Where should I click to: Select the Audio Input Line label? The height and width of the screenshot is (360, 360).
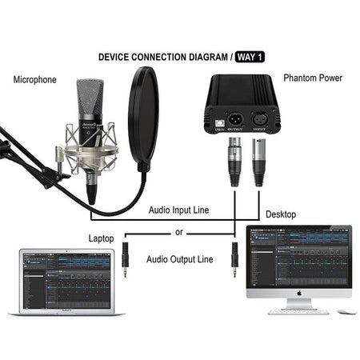[x=179, y=210]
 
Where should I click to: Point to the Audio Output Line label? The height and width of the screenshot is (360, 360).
[x=180, y=259]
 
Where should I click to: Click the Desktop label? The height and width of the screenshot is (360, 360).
[x=280, y=214]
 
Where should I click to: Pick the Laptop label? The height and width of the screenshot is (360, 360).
[x=102, y=238]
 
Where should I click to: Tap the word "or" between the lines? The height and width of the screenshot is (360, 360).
[x=178, y=234]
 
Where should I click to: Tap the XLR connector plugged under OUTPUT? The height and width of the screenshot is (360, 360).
[x=235, y=162]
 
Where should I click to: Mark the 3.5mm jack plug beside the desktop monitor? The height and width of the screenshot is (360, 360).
[x=234, y=262]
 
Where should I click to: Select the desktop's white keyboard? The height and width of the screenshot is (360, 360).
[x=293, y=311]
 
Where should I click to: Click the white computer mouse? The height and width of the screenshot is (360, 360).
[x=345, y=310]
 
